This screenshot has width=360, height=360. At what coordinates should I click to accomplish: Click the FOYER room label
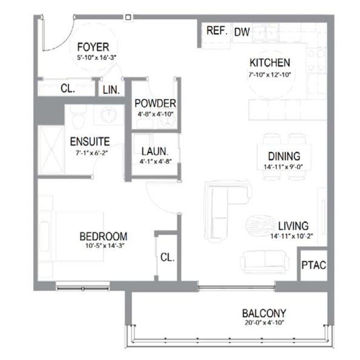(x=93, y=47)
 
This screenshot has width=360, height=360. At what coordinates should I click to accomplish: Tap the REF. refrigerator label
(x=216, y=31)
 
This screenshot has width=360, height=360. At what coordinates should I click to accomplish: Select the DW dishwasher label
(x=242, y=32)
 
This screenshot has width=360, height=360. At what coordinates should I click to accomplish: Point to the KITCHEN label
(x=270, y=63)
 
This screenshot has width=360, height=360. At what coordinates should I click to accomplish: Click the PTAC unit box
(x=314, y=265)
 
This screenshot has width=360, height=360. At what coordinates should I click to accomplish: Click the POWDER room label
(x=154, y=103)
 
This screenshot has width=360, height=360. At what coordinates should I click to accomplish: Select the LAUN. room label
(x=154, y=151)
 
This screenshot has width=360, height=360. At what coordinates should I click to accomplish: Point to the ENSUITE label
(x=90, y=141)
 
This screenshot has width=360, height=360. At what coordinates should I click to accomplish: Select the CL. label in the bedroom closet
(x=167, y=257)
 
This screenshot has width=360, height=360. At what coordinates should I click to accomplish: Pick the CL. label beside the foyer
(x=68, y=89)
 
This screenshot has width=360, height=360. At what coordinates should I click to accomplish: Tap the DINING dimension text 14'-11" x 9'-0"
(x=284, y=167)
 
